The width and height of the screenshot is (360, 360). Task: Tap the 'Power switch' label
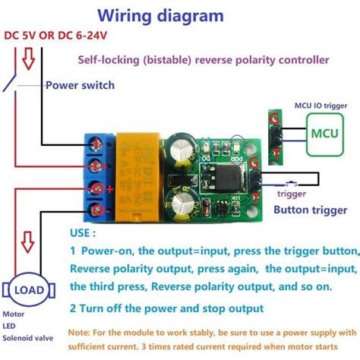click(x=80, y=85)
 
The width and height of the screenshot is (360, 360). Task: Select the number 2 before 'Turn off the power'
click(x=73, y=308)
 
